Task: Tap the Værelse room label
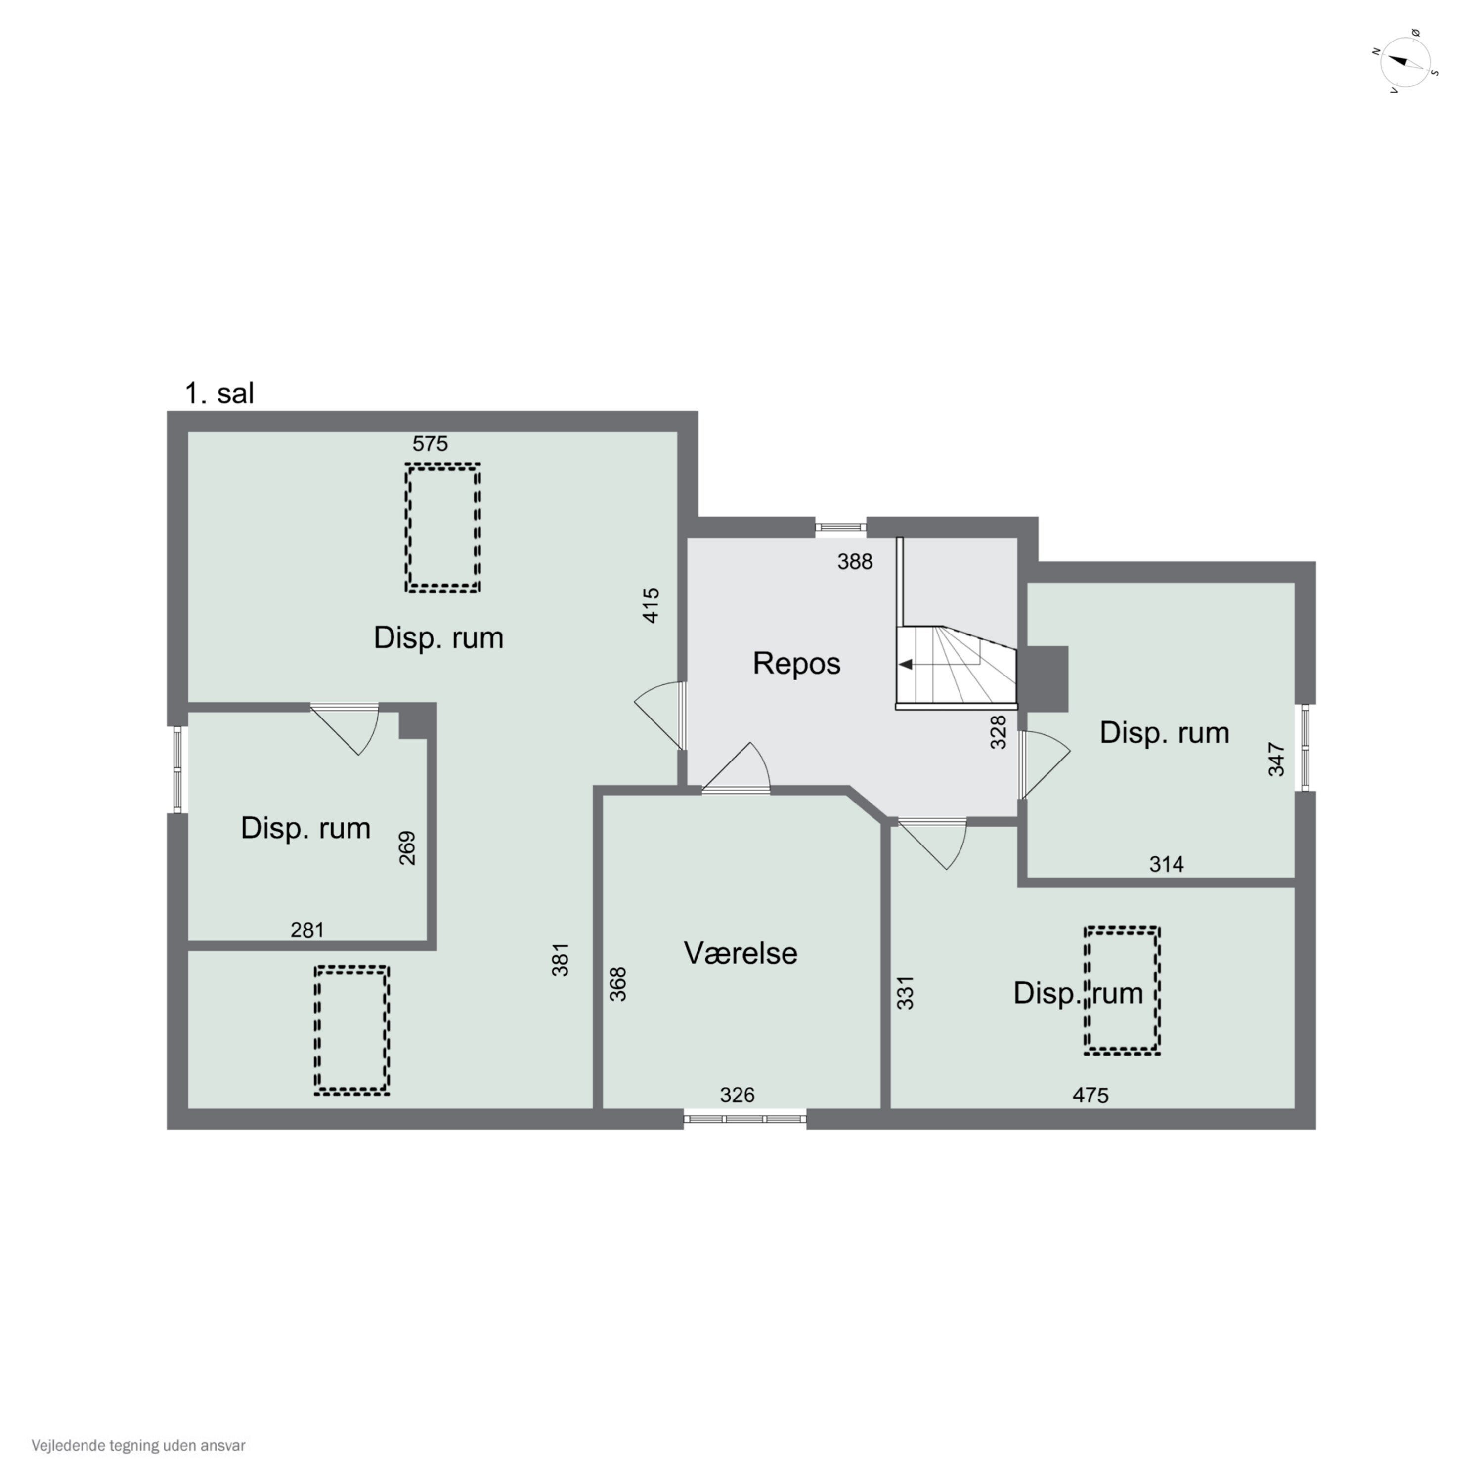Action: pos(740,953)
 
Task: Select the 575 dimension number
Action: pos(430,444)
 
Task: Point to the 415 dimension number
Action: pos(651,605)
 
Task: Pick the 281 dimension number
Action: pos(307,930)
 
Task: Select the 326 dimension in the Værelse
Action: pos(737,1095)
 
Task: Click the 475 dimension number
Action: pos(1090,1095)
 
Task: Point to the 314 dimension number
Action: pos(1166,864)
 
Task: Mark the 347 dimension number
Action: pos(1276,759)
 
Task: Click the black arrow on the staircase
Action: pos(906,665)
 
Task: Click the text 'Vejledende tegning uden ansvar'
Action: pos(138,1446)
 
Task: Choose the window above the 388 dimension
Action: pos(840,527)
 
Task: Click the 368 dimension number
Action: pos(618,984)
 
